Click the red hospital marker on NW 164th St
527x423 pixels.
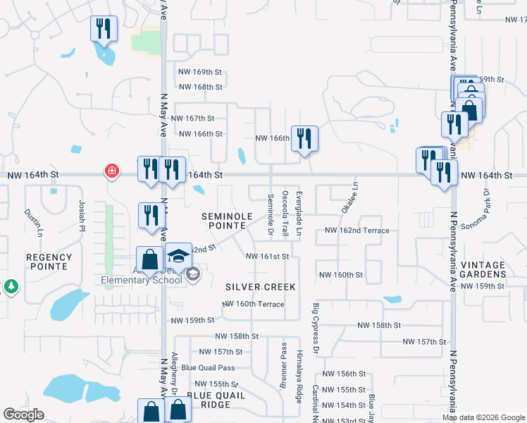pyautogui.click(x=111, y=171)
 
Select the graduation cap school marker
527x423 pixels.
pyautogui.click(x=179, y=257)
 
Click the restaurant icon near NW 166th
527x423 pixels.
pyautogui.click(x=304, y=138)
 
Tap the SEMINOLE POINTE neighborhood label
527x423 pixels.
pyautogui.click(x=224, y=220)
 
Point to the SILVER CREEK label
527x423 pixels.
pyautogui.click(x=261, y=287)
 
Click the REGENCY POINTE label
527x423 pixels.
pyautogui.click(x=48, y=262)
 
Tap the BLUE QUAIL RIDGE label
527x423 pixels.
pyautogui.click(x=216, y=400)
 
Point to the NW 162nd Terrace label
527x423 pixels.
pyautogui.click(x=356, y=231)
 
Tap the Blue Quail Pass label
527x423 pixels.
pyautogui.click(x=208, y=367)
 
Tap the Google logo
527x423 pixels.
pyautogui.click(x=24, y=415)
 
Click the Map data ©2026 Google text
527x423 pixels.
pyautogui.click(x=483, y=417)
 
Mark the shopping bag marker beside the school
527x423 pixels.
pyautogui.click(x=150, y=259)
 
